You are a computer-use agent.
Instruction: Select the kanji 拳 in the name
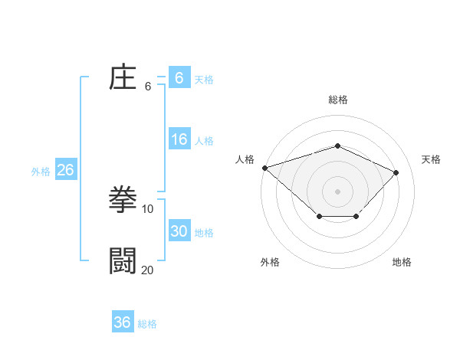coord(123,200)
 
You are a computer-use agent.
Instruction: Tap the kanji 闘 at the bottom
coord(123,261)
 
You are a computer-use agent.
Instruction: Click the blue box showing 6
coord(179,77)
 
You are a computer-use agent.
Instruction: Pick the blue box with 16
coord(179,139)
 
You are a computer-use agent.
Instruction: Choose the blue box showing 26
coord(65,170)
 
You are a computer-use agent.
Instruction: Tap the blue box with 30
coord(179,231)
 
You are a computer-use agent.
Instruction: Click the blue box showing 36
coord(122,322)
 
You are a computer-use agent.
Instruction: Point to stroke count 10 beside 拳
coord(148,208)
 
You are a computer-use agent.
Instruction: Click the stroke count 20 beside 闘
coord(148,270)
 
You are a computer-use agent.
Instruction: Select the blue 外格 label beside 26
coord(41,172)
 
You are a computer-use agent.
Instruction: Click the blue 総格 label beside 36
coord(147,324)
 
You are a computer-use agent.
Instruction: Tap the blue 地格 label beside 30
coord(204,232)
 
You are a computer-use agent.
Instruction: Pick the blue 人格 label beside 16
coord(204,141)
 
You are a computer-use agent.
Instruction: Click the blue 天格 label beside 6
coord(204,79)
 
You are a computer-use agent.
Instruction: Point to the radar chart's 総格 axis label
coord(337,100)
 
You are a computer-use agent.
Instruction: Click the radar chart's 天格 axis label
coord(431,159)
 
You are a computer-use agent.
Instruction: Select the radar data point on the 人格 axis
coord(264,167)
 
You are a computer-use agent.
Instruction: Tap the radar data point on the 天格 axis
coord(396,172)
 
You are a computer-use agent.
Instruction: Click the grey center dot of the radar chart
coord(337,191)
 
